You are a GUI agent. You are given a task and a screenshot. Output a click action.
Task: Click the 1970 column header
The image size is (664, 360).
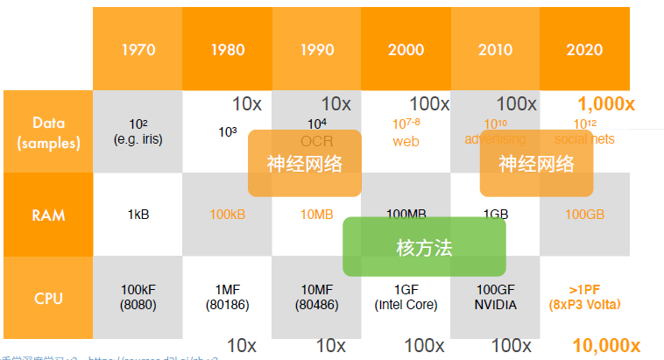138,49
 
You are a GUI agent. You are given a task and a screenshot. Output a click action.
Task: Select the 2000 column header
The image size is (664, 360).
406,49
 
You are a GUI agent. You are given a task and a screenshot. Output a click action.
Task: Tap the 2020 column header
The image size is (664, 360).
585,49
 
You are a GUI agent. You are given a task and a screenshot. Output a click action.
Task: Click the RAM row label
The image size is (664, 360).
48,215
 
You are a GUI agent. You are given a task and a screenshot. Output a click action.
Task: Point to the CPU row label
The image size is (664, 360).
48,299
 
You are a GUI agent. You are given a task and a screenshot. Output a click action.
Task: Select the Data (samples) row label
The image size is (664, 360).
48,132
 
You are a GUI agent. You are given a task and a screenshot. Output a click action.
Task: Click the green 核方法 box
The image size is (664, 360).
424,247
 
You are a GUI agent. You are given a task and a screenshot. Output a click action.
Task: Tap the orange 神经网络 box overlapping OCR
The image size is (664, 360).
304,163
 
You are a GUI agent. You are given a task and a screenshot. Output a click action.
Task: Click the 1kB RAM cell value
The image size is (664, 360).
138,215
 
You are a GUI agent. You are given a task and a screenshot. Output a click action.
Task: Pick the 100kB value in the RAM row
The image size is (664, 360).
228,215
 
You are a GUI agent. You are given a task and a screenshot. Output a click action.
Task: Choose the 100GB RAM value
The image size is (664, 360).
585,215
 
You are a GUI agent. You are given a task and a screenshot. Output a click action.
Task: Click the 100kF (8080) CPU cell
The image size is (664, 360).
138,298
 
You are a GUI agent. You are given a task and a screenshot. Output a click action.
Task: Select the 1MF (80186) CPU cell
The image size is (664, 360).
228,298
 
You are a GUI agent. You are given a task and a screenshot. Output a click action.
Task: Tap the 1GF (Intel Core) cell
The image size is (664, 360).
406,298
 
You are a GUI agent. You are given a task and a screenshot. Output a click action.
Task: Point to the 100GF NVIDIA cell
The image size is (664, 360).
495,298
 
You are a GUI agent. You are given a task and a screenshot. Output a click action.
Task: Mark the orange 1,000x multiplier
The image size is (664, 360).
605,104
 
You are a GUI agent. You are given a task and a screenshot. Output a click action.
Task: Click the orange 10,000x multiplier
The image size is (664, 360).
605,345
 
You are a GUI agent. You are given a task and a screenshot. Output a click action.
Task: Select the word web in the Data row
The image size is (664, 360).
406,140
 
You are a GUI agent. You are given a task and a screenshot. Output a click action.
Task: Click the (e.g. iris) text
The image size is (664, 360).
138,139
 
